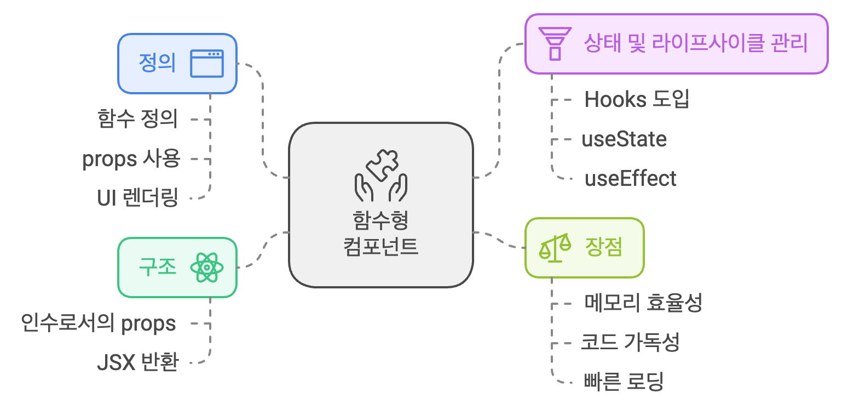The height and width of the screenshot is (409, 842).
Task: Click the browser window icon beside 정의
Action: tap(207, 64)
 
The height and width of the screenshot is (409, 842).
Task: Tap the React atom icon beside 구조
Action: tap(206, 268)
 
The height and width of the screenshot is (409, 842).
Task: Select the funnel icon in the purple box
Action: tap(555, 44)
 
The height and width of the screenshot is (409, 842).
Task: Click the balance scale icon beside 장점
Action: tap(553, 248)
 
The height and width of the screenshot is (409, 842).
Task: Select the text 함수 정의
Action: tap(137, 119)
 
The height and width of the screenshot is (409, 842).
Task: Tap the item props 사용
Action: tap(131, 159)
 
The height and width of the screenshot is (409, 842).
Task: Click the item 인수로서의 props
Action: tap(99, 323)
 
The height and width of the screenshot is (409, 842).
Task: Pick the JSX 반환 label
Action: tap(137, 363)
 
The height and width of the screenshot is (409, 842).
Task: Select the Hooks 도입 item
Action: tap(637, 100)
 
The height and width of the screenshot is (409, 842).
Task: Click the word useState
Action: tap(624, 139)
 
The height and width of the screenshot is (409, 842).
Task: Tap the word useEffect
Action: tap(630, 179)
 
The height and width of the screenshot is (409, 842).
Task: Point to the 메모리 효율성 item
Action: tap(643, 303)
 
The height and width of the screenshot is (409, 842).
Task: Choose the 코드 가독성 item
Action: tap(630, 343)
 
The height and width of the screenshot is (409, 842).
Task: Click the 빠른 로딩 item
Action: tap(624, 382)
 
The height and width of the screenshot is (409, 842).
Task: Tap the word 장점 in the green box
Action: tap(604, 248)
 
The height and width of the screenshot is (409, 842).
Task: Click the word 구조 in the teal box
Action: tap(157, 268)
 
